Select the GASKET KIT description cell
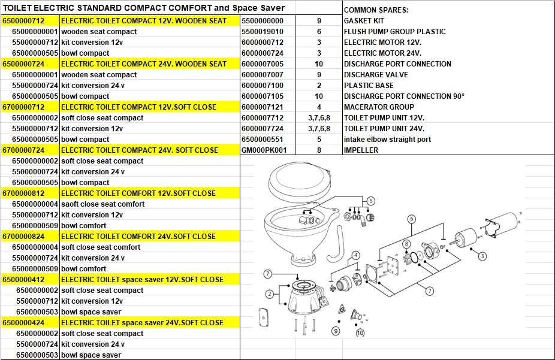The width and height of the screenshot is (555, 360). pos(364,21)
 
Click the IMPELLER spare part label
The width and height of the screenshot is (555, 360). pos(361,150)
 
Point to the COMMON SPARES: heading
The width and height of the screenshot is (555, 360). pos(376,10)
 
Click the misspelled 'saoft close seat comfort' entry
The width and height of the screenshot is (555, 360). pos(102,204)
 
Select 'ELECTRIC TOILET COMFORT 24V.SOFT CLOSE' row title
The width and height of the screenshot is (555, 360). pos(138,237)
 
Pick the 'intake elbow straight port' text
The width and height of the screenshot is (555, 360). pos(387,140)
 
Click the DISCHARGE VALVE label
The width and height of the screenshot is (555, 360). pos(376,75)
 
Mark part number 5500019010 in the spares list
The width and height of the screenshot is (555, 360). pos(263,32)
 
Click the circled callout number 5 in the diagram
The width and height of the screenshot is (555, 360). pos(371,201)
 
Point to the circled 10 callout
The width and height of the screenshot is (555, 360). pos(360,333)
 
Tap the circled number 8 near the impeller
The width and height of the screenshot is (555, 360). pos(406,244)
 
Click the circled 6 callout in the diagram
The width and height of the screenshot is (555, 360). pos(412,219)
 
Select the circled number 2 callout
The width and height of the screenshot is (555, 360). pos(270,294)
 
